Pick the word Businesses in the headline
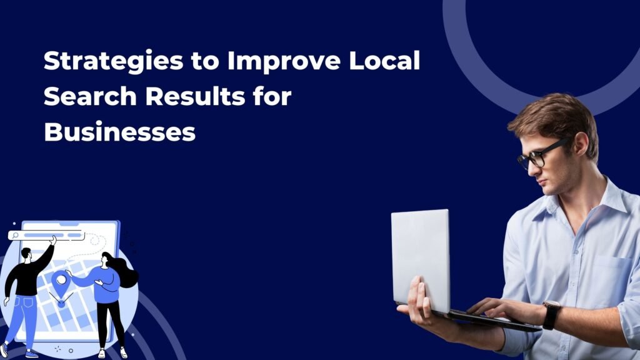(x=119, y=132)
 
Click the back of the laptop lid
(x=420, y=260)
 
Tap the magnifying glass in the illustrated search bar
(x=14, y=236)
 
